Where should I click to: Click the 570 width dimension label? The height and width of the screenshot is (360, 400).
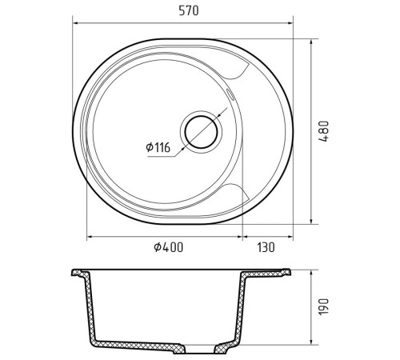click(x=189, y=10)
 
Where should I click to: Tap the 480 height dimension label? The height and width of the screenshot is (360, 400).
click(x=324, y=131)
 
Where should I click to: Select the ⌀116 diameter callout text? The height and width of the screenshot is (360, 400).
click(x=158, y=147)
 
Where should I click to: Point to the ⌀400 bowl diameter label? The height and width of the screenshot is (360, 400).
click(x=169, y=247)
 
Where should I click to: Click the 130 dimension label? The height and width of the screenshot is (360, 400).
click(x=266, y=247)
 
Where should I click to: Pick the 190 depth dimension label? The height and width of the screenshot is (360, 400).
click(x=324, y=306)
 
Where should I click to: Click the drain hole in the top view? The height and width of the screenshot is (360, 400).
click(x=201, y=132)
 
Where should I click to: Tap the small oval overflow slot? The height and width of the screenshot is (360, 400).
click(x=230, y=94)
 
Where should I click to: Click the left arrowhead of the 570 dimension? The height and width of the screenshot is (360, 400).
click(x=75, y=23)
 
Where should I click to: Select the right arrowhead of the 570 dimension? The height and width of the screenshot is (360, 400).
click(x=290, y=23)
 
